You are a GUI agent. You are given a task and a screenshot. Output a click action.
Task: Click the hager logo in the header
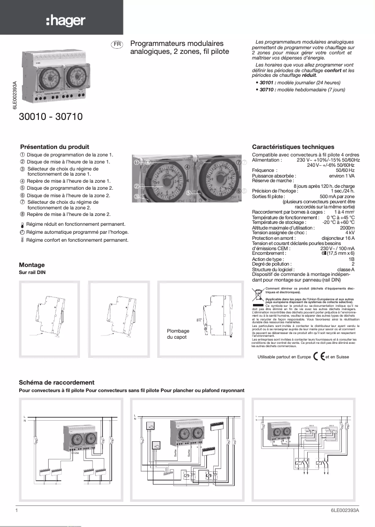click(65, 21)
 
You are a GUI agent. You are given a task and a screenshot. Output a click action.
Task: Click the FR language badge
click(117, 44)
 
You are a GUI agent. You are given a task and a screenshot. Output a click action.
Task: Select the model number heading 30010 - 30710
click(50, 117)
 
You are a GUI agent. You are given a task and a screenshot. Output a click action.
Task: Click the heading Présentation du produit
click(55, 147)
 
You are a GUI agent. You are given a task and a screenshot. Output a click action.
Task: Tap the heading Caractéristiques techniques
click(293, 147)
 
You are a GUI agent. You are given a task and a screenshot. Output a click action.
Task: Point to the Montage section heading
click(32, 265)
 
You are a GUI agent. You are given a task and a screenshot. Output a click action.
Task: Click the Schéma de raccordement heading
click(57, 383)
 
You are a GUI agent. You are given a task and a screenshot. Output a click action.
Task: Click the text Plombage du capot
click(178, 334)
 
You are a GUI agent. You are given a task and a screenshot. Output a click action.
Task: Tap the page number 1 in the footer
click(16, 511)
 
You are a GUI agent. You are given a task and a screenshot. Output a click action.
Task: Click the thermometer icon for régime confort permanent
click(22, 240)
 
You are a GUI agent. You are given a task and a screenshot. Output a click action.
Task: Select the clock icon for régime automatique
click(22, 232)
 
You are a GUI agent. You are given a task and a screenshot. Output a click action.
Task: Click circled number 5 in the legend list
click(22, 188)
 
